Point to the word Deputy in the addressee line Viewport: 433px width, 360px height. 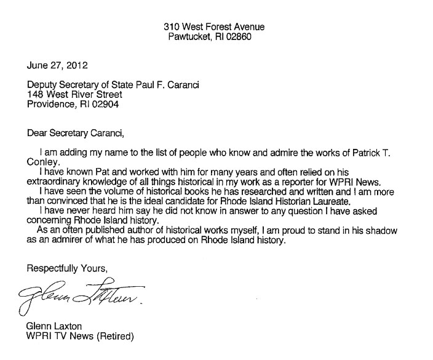(x=41, y=85)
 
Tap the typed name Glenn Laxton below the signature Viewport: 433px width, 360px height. (x=54, y=327)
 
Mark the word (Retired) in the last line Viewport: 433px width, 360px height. (x=115, y=337)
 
